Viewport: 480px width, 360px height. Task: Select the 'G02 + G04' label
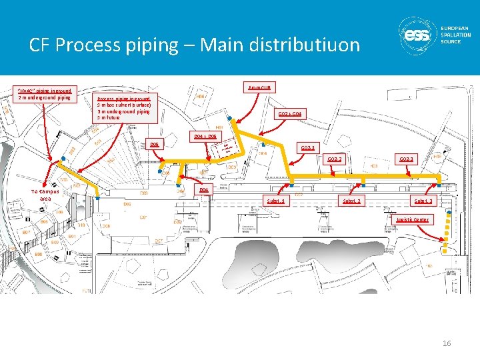click(290, 114)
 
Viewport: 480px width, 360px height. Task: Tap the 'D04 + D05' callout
click(205, 136)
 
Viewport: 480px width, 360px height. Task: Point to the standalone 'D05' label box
click(155, 144)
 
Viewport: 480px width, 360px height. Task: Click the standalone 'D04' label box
click(204, 190)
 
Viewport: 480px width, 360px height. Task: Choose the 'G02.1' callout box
click(308, 147)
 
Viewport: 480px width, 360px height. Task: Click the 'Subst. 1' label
click(276, 201)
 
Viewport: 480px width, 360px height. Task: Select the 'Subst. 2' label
click(351, 201)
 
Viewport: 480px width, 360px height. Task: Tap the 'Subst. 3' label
click(423, 201)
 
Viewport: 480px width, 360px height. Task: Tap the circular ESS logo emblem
click(417, 35)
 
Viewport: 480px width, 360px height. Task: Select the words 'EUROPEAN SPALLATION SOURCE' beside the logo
click(455, 35)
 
